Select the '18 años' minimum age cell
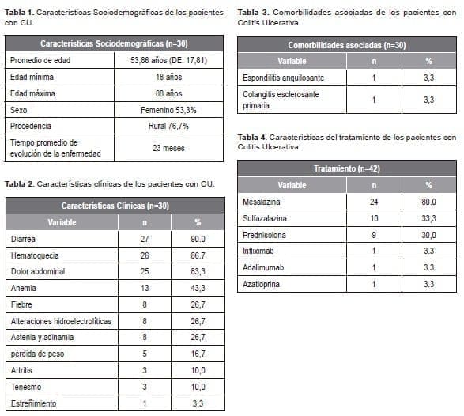(163, 77)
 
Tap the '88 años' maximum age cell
(163, 93)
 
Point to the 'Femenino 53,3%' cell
(163, 109)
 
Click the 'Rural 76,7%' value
(163, 125)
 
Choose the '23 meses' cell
(163, 146)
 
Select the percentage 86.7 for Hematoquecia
(198, 255)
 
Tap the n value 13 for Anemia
(143, 288)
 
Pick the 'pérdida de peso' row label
(38, 354)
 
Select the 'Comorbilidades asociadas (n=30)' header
(347, 45)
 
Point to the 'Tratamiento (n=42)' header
(347, 168)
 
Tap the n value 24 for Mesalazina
(374, 202)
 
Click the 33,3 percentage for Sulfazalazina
(428, 218)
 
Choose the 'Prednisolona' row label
(265, 235)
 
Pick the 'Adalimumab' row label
(263, 267)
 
